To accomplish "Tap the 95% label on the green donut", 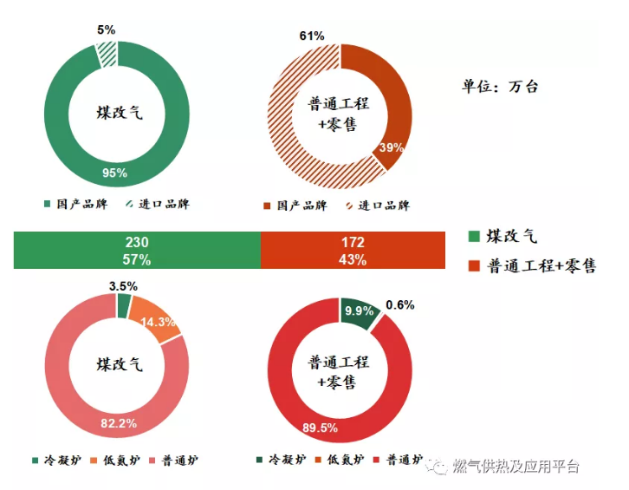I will (x=114, y=173).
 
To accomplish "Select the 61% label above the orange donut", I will (x=312, y=36).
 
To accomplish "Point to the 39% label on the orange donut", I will (x=392, y=147).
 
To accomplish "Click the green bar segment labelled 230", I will (x=137, y=251).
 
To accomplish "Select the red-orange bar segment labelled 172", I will (x=353, y=251).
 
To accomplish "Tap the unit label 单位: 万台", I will (x=500, y=86).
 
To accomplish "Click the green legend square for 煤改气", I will (x=473, y=236).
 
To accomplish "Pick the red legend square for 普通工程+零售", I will (x=473, y=265).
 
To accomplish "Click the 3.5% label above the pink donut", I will (x=124, y=286).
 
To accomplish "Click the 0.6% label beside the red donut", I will (x=399, y=304).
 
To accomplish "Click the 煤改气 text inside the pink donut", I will (x=117, y=364).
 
